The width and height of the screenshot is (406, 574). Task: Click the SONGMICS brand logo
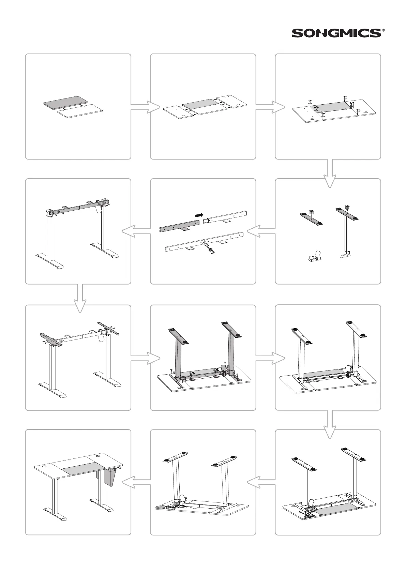[336, 33]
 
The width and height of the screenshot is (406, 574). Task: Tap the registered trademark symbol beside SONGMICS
[384, 30]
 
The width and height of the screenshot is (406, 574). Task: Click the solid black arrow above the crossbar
[199, 215]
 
